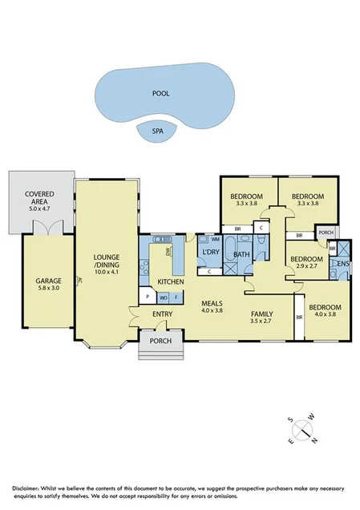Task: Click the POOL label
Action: (161, 93)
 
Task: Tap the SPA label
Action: (158, 129)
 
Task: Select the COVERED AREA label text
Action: (39, 198)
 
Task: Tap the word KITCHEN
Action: (171, 282)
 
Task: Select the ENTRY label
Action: (163, 314)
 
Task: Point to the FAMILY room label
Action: (261, 314)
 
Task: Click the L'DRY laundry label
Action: (211, 253)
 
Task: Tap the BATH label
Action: (241, 256)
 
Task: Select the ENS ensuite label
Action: (342, 263)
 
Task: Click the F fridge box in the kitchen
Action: (176, 297)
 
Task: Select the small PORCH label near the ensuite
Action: (325, 233)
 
